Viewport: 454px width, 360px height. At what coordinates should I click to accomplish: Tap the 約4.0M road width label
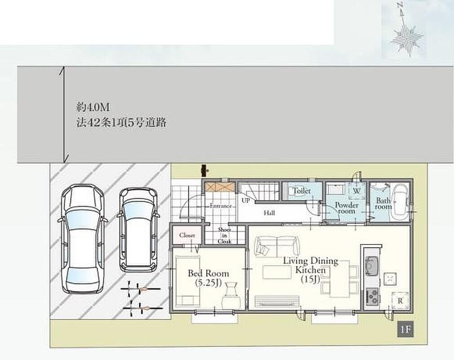tap(93, 108)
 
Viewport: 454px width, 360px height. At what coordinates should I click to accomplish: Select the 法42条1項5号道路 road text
tap(121, 122)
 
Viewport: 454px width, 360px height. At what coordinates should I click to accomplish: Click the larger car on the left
tap(83, 239)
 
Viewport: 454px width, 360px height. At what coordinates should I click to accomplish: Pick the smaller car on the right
tap(138, 230)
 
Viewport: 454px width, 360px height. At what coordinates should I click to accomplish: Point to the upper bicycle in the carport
tap(141, 289)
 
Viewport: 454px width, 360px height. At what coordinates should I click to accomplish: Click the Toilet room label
tap(302, 191)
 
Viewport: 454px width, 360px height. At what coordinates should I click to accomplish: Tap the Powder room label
tap(347, 208)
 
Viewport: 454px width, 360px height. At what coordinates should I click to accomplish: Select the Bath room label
tap(383, 203)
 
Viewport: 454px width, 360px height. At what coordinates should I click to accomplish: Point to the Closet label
tap(187, 235)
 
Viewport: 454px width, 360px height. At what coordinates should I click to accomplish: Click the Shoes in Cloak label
tap(224, 235)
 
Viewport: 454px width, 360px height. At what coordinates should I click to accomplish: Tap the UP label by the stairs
tap(245, 200)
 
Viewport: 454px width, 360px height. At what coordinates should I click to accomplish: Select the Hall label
tap(269, 213)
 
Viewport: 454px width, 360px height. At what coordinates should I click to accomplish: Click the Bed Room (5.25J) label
tap(209, 277)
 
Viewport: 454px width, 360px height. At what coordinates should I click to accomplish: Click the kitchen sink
tap(370, 265)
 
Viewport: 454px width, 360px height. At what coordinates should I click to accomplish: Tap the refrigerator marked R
tap(400, 301)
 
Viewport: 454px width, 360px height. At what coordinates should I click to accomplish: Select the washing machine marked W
tap(357, 191)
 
